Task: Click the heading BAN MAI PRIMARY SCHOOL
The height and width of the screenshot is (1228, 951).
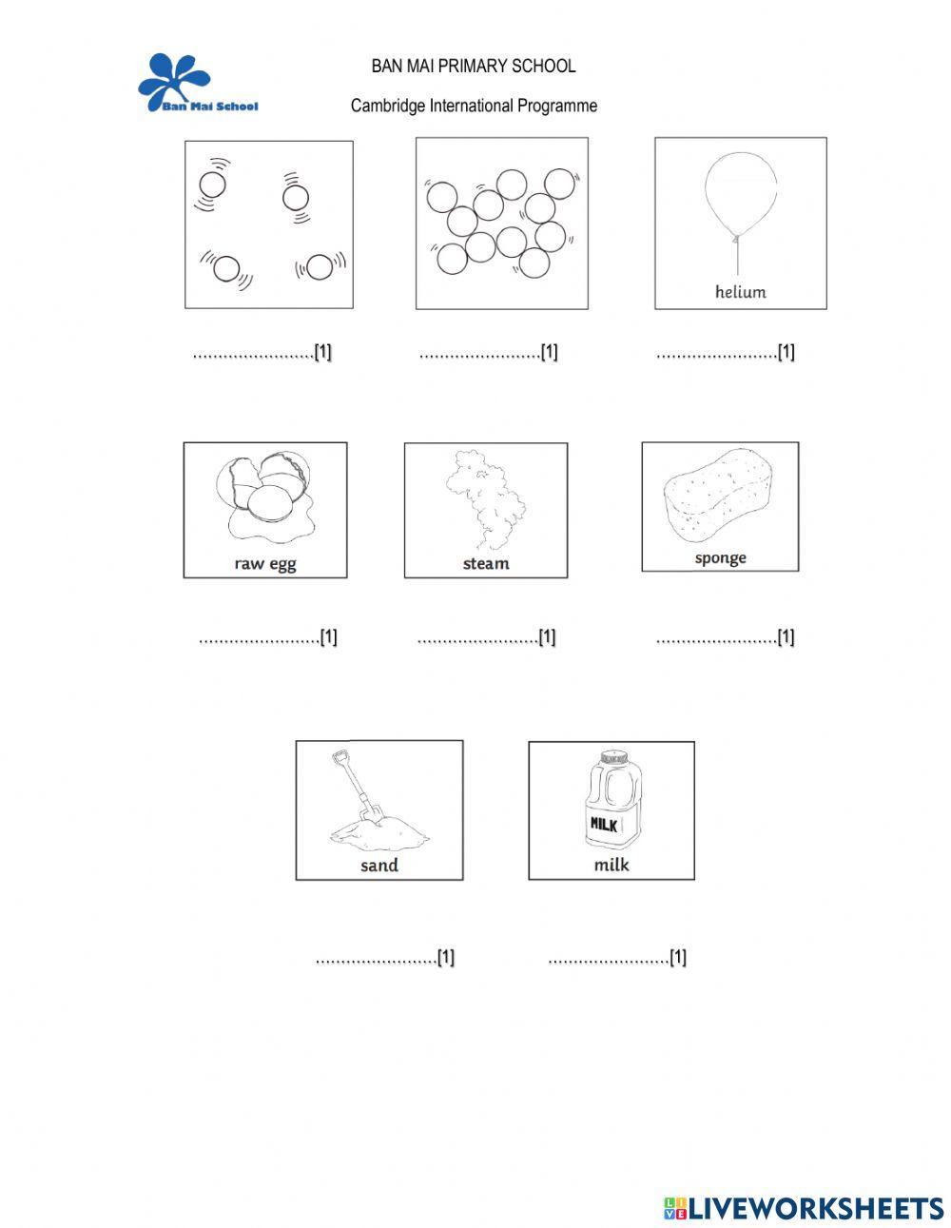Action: click(x=473, y=67)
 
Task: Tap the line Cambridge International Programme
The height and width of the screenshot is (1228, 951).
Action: click(x=474, y=106)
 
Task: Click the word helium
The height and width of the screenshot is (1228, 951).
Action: click(x=740, y=292)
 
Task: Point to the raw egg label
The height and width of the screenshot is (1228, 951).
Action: click(x=265, y=563)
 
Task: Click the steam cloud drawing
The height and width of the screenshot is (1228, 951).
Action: click(x=485, y=497)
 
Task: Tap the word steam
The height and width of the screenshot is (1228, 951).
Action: click(x=486, y=563)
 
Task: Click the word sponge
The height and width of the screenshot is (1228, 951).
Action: click(x=720, y=557)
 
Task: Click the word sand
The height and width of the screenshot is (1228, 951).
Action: click(x=378, y=865)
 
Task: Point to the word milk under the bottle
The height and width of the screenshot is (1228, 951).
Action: click(x=611, y=865)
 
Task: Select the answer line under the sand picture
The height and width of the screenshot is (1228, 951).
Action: click(x=376, y=960)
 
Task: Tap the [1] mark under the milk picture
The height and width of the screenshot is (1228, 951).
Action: click(x=678, y=958)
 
